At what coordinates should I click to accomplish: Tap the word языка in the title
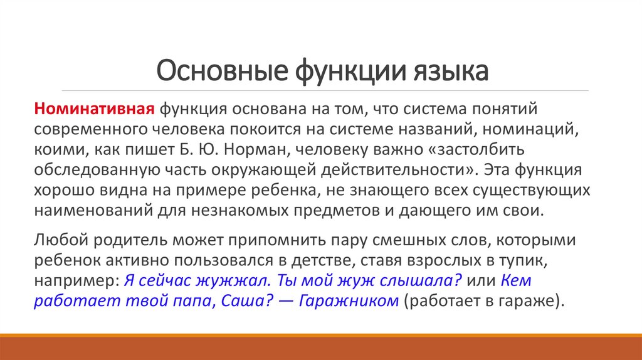coord(453,71)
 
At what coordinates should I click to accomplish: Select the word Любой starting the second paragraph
coord(58,240)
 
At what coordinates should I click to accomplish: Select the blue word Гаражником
coord(349,300)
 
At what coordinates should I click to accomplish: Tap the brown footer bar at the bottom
coord(321,347)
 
